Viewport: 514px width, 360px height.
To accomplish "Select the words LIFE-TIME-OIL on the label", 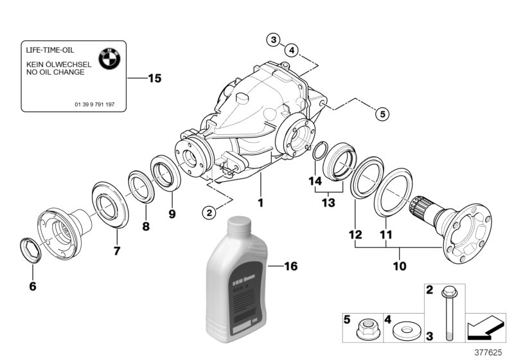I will (50, 50).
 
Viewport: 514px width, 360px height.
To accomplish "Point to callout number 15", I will (154, 78).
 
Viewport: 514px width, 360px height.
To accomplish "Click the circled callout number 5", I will (382, 114).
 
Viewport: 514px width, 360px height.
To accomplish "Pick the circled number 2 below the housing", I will (208, 212).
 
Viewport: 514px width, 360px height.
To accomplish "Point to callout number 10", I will (400, 265).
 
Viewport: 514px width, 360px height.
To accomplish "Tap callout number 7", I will (117, 251).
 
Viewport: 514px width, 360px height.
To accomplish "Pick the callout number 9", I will (172, 213).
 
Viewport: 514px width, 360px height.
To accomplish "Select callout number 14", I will (315, 181).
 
